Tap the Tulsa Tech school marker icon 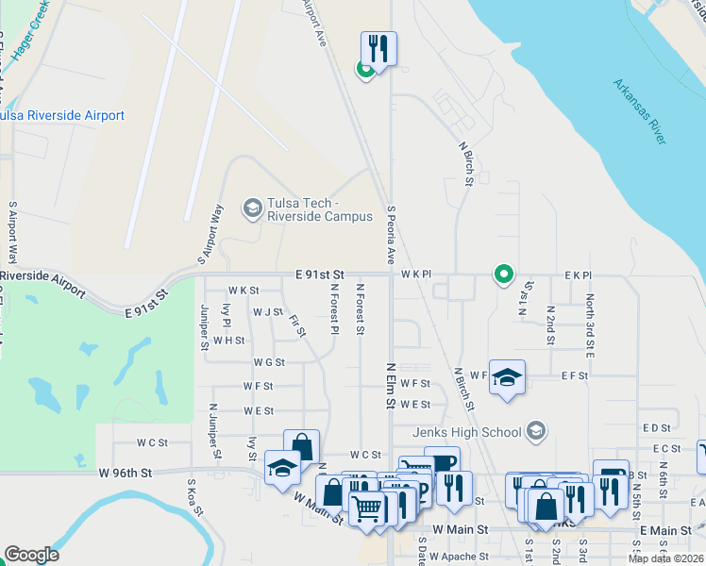point(252,208)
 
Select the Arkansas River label point(639,111)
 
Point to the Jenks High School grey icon point(536,432)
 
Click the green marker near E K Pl point(504,275)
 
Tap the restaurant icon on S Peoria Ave point(378,48)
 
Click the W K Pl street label point(415,275)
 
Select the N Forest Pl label point(334,311)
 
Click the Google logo point(31,555)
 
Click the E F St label point(574,375)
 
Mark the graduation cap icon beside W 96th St point(283,469)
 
